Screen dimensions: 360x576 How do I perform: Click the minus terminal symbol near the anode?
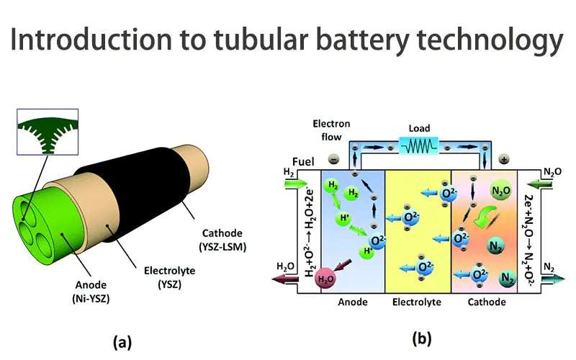pos(333,158)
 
